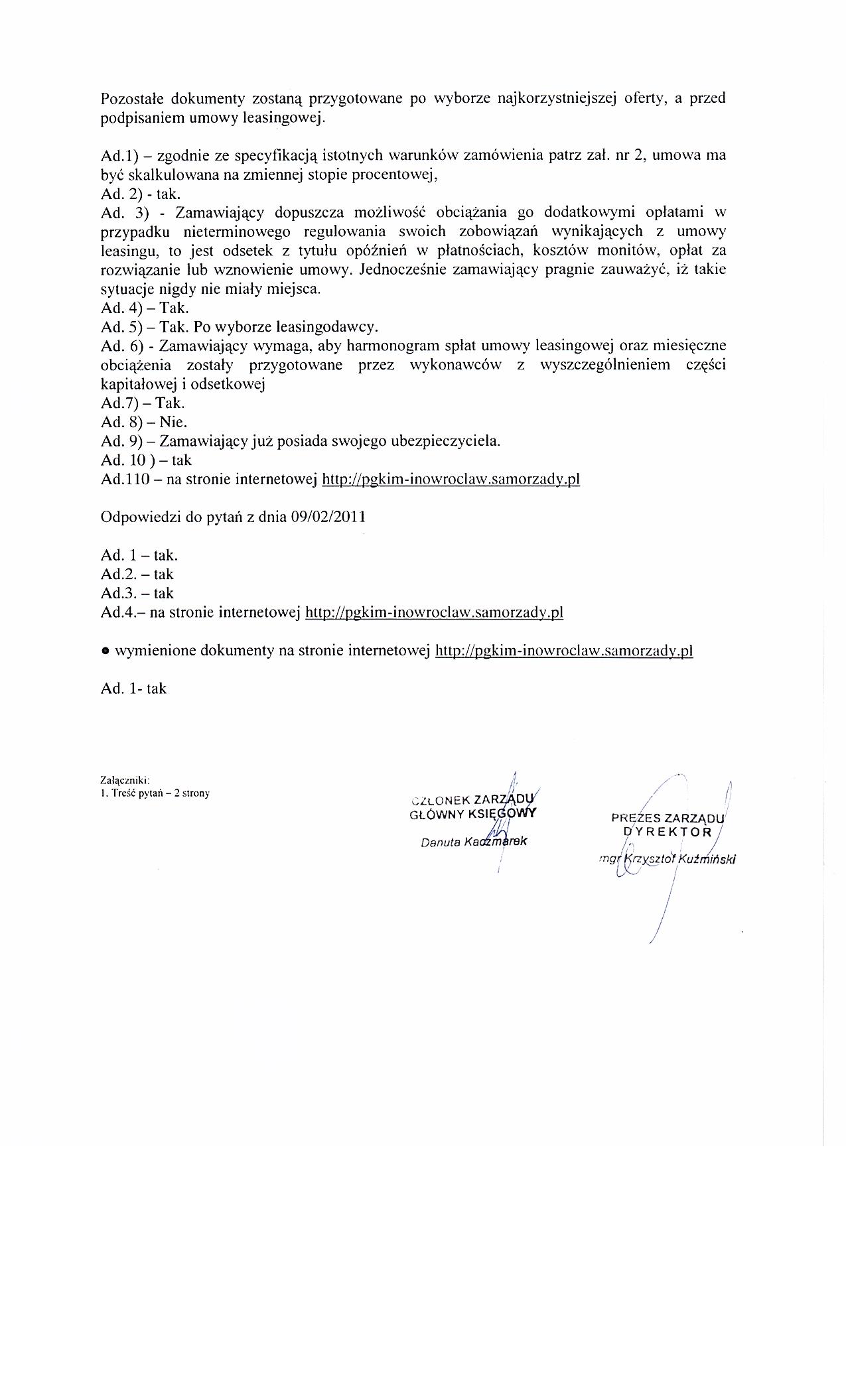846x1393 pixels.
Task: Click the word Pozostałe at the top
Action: tap(133, 99)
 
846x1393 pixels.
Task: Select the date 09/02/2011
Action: tap(328, 517)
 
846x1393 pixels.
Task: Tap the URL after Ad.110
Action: tap(451, 479)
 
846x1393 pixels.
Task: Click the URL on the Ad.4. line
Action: tap(433, 612)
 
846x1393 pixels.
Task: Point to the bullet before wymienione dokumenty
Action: tap(105, 651)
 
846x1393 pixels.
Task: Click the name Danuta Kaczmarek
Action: tap(473, 842)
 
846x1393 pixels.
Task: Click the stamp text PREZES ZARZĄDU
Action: tap(668, 817)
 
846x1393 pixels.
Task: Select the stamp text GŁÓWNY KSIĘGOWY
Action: tap(472, 813)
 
